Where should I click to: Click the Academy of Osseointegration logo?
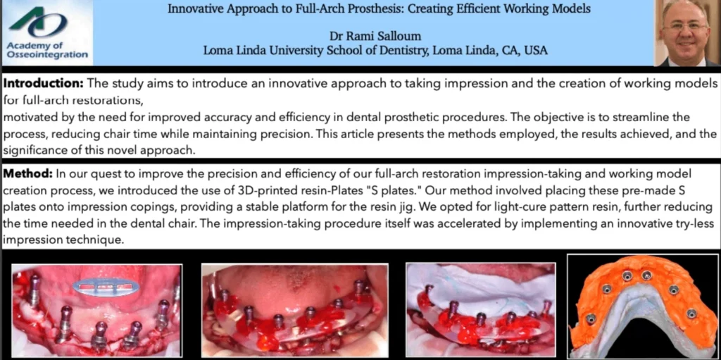[x=47, y=32]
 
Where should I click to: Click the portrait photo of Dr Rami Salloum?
[x=687, y=33]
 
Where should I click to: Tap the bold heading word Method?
[x=27, y=175]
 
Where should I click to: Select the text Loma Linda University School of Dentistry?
[x=315, y=50]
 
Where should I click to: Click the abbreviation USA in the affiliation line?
[x=536, y=50]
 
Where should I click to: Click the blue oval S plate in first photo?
[x=106, y=287]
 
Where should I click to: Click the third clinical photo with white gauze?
[x=480, y=310]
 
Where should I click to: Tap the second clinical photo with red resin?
[x=295, y=310]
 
